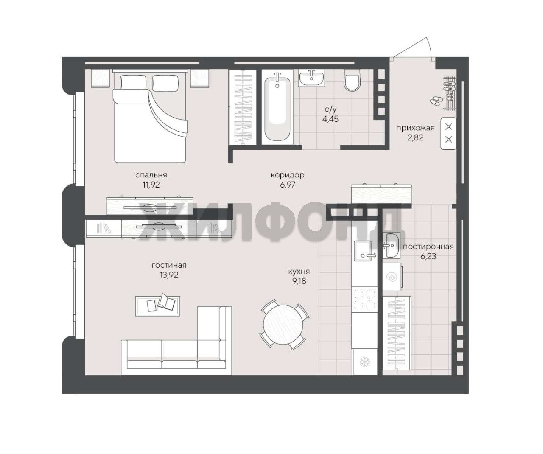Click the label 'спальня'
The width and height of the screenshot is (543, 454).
pyautogui.click(x=151, y=175)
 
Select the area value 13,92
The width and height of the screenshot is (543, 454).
pyautogui.click(x=169, y=275)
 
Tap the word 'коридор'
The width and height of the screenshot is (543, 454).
pyautogui.click(x=287, y=175)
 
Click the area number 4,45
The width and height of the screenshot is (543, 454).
pyautogui.click(x=330, y=119)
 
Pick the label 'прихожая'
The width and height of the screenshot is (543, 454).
pyautogui.click(x=415, y=128)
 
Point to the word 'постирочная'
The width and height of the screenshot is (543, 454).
pyautogui.click(x=428, y=247)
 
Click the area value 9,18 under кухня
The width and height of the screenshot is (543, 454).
pyautogui.click(x=299, y=281)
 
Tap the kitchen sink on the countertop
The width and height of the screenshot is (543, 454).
pyautogui.click(x=363, y=251)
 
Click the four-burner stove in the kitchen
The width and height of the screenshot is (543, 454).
pyautogui.click(x=364, y=300)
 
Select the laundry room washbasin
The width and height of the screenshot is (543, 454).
pyautogui.click(x=392, y=245)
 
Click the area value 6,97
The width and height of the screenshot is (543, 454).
pyautogui.click(x=287, y=185)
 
